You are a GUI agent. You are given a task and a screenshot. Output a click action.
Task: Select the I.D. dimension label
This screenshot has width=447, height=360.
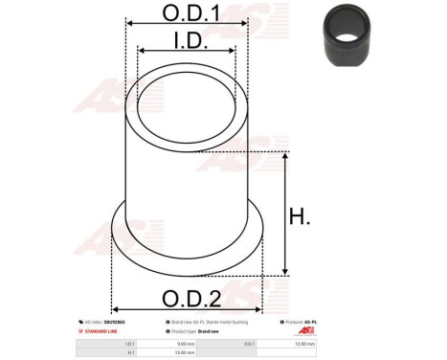187,40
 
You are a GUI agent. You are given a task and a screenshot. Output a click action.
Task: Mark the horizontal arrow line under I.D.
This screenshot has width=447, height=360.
187,54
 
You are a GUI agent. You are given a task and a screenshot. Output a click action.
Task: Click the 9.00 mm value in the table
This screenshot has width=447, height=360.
185,342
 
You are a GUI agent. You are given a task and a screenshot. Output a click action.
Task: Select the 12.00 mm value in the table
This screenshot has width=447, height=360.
305,342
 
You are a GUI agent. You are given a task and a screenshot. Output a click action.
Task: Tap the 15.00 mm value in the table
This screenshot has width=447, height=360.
185,352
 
